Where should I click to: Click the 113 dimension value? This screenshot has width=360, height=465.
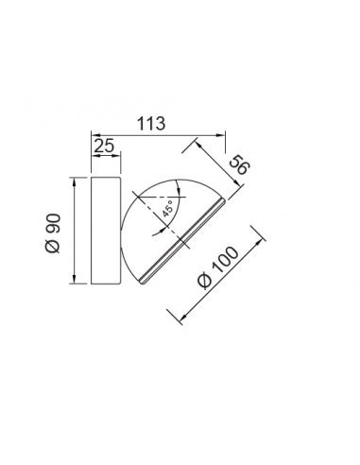(x=151, y=124)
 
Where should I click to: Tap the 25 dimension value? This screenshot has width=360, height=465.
(x=104, y=146)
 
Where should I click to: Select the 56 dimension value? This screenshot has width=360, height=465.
(x=239, y=164)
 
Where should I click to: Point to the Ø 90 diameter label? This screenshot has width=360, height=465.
(x=53, y=233)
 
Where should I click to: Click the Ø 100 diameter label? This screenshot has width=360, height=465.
(x=218, y=267)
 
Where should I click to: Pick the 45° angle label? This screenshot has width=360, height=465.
(x=168, y=209)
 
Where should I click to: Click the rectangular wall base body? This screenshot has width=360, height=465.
(x=106, y=231)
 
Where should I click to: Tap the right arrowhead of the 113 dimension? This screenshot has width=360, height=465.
(x=221, y=135)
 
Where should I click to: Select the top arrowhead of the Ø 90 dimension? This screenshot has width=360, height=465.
(x=74, y=182)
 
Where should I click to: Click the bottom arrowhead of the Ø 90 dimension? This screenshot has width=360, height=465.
(x=74, y=279)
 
